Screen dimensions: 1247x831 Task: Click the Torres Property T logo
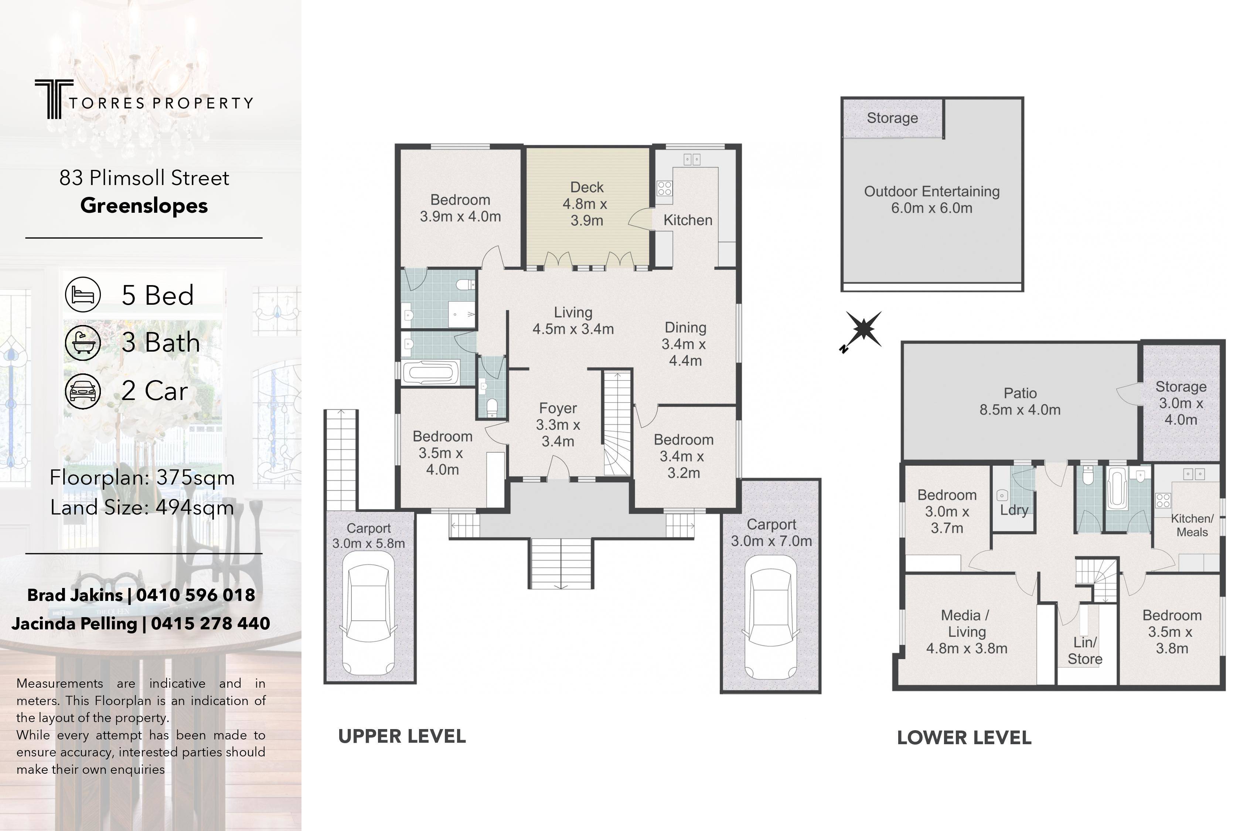tap(54, 99)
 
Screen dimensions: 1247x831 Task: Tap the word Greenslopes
tap(144, 206)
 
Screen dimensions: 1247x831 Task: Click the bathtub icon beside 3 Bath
tap(83, 343)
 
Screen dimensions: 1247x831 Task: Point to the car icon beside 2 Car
tap(83, 391)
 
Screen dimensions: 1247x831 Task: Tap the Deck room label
tap(587, 187)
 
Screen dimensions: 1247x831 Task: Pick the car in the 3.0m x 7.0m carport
tap(771, 618)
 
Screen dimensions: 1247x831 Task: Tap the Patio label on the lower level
tap(1020, 393)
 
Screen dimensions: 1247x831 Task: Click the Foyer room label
tap(558, 408)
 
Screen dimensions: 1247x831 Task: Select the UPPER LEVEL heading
tap(402, 736)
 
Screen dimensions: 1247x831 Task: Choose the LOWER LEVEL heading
tap(964, 738)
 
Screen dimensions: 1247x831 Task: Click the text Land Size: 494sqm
tap(142, 508)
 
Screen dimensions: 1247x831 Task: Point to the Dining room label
tap(685, 328)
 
